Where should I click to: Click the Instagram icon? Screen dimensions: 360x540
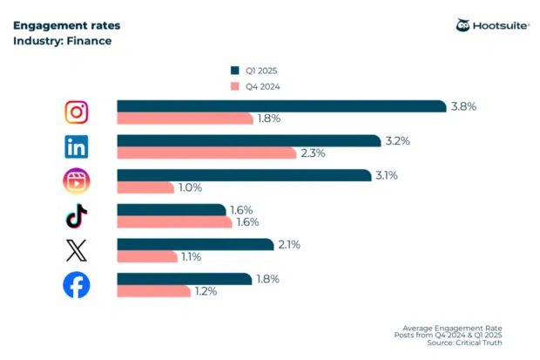click(x=78, y=112)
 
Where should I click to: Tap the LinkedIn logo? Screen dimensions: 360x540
click(x=78, y=146)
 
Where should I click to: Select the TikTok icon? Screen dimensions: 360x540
click(x=78, y=216)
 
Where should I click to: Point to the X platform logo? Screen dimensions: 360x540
click(x=78, y=250)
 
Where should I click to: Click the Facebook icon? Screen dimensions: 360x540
click(x=78, y=285)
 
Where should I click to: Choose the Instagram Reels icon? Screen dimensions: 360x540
click(x=78, y=181)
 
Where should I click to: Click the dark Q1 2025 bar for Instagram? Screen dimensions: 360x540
click(x=282, y=106)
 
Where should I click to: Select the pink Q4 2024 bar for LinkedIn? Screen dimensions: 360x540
click(x=206, y=153)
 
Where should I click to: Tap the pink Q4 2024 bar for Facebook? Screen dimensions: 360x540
click(x=154, y=291)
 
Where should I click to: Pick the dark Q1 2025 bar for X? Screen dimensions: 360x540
click(x=195, y=245)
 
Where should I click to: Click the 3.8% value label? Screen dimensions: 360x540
click(x=463, y=106)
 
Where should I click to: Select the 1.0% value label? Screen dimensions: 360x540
click(x=190, y=187)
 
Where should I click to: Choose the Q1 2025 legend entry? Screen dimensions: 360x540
click(x=257, y=70)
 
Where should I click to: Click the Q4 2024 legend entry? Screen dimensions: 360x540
click(x=257, y=85)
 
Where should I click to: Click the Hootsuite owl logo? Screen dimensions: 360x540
click(x=463, y=25)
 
